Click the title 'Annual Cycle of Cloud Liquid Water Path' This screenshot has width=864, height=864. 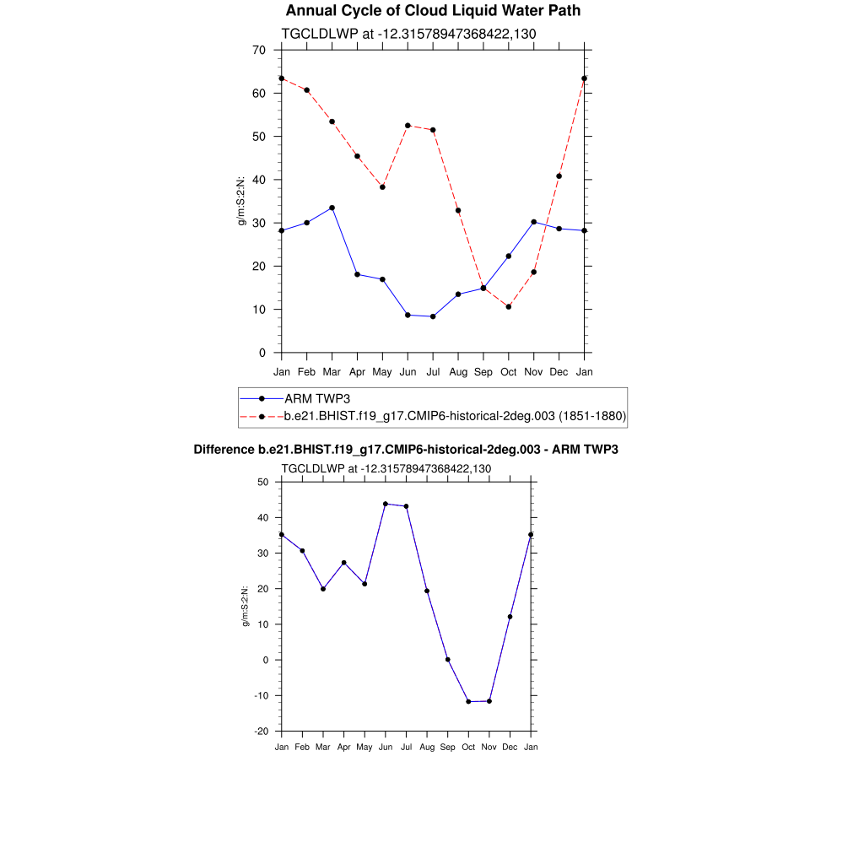tap(433, 11)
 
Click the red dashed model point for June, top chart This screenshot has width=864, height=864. tap(408, 126)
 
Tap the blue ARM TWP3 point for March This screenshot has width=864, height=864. tap(332, 208)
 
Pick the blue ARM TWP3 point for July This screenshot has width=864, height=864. tap(433, 316)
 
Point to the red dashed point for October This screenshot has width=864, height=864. tap(509, 306)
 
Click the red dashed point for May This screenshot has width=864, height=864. tap(382, 187)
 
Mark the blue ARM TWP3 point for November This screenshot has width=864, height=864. tap(534, 222)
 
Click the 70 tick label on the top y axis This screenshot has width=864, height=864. tap(259, 50)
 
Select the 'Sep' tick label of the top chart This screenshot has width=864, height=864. tap(483, 371)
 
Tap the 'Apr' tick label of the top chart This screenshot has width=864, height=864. tap(357, 371)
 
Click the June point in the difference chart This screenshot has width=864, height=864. tap(386, 504)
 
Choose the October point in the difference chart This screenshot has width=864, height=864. tap(468, 701)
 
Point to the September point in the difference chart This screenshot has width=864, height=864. tap(448, 659)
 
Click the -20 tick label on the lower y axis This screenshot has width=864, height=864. tap(262, 731)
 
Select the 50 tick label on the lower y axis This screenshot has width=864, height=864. tap(262, 482)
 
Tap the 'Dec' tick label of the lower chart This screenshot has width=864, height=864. tap(510, 747)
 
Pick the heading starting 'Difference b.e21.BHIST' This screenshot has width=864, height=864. tap(406, 450)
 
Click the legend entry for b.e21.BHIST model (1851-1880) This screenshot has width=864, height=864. tap(455, 416)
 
